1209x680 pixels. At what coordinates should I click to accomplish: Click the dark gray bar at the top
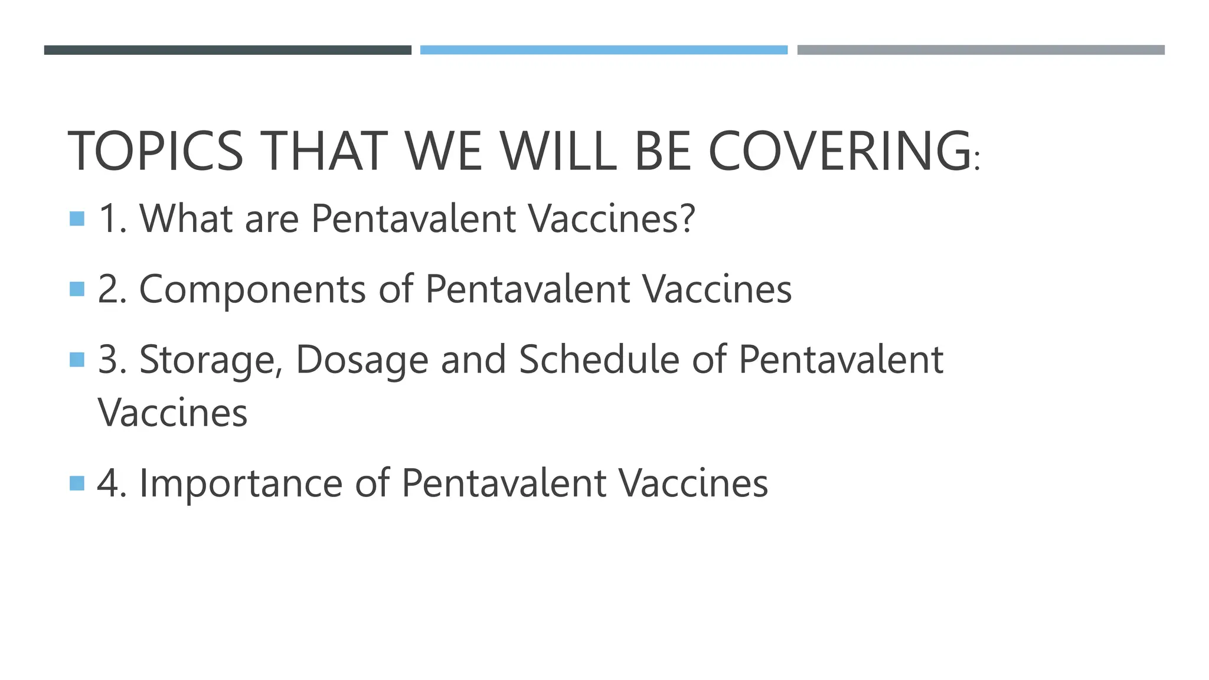227,50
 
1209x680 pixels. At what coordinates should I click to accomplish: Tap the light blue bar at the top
603,50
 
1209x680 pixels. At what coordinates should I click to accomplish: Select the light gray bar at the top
981,50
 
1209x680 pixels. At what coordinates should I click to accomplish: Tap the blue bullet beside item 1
77,219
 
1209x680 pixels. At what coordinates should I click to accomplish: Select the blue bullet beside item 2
77,289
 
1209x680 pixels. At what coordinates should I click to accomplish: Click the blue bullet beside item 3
77,359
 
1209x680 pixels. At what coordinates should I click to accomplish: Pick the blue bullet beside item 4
77,483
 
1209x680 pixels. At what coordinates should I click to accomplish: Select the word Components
252,289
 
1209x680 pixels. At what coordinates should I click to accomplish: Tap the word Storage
211,360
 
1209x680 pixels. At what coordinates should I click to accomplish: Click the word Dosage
361,360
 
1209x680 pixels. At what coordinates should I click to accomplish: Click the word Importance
240,483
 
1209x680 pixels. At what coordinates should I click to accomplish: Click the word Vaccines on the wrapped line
172,413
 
